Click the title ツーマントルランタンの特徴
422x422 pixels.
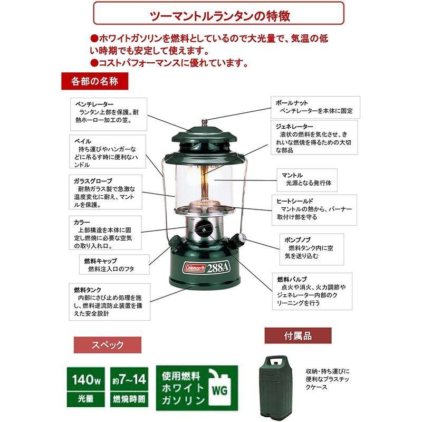pos(219,16)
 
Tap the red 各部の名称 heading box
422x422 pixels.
pos(95,81)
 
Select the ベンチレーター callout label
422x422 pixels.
pos(94,104)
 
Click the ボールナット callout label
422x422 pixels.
pos(292,103)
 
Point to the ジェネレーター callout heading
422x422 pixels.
pos(294,127)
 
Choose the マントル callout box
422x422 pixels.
pos(307,180)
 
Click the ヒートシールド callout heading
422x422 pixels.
pos(295,201)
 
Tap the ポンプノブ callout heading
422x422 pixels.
pos(298,240)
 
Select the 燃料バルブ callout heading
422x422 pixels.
pos(292,280)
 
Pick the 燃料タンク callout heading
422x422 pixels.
pos(88,290)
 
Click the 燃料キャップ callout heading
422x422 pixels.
pos(100,261)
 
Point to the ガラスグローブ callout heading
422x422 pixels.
pos(93,181)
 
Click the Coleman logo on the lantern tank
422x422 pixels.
pos(195,268)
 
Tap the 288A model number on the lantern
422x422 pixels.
pos(218,267)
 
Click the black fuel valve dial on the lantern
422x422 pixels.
pos(203,228)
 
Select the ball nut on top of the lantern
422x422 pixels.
pos(204,122)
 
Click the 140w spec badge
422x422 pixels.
pos(86,387)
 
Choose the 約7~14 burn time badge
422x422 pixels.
pos(129,387)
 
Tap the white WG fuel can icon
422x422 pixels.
pos(219,388)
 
